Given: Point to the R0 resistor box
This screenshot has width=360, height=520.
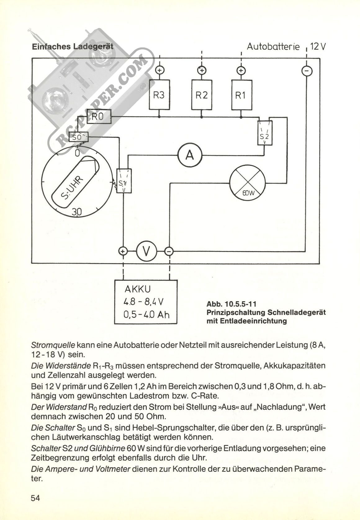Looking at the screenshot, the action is [x=99, y=116].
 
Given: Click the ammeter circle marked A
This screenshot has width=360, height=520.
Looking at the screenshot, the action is [x=190, y=155].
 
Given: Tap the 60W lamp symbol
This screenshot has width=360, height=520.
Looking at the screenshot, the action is [x=247, y=183].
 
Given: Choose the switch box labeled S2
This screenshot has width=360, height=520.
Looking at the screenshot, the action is [x=265, y=133].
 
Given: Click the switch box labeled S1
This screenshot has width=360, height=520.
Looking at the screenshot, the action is [x=124, y=181].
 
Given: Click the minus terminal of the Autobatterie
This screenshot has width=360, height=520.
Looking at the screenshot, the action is [x=307, y=71].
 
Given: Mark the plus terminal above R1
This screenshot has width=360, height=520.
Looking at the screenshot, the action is [x=241, y=70].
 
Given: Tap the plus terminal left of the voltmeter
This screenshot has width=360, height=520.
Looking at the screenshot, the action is [x=123, y=251].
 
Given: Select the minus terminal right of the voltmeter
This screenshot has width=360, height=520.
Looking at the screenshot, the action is [x=169, y=251].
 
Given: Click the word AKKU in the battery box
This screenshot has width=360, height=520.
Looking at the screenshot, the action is [x=138, y=289].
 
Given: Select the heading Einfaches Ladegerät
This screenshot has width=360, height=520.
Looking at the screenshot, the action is [x=73, y=47].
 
